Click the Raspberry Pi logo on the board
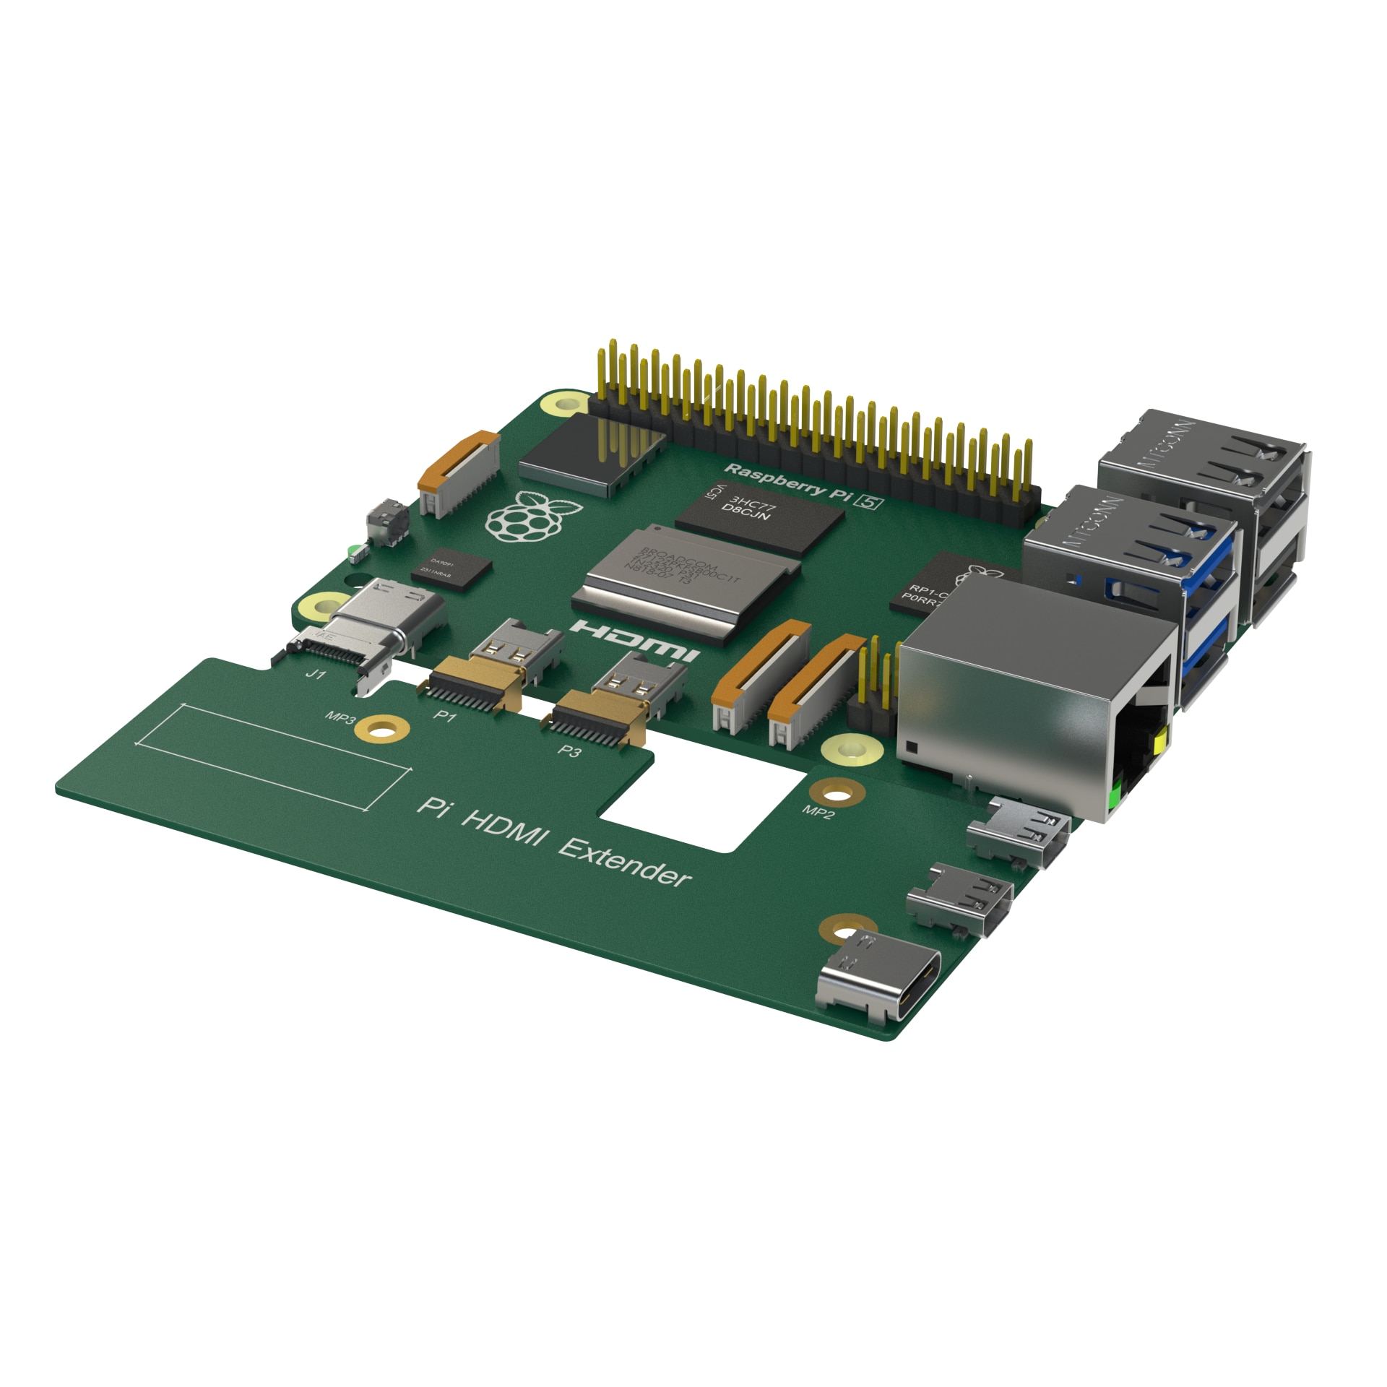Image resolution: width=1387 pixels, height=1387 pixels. [533, 517]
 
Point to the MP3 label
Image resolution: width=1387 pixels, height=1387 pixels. [340, 718]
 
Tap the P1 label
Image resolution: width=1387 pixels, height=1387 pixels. [444, 717]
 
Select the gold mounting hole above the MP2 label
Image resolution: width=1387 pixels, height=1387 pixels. [836, 795]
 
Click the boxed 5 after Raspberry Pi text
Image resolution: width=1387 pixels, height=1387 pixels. [869, 503]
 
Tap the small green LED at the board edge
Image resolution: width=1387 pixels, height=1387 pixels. [352, 553]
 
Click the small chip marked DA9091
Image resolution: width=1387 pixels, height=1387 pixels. [452, 569]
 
